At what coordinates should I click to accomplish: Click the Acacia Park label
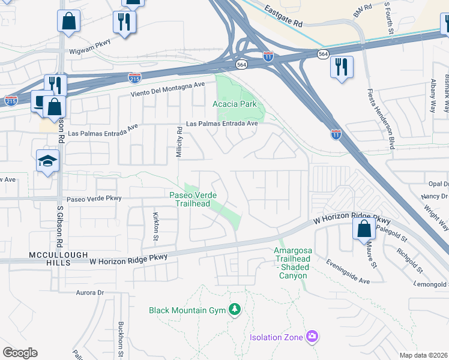pyautogui.click(x=235, y=104)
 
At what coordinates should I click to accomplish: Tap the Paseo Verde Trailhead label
pyautogui.click(x=189, y=199)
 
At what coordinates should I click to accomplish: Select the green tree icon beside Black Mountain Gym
pyautogui.click(x=235, y=310)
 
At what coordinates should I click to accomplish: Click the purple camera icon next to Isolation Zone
pyautogui.click(x=311, y=337)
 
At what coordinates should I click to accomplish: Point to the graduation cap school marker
pyautogui.click(x=47, y=161)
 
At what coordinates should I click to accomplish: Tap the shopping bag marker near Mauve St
pyautogui.click(x=364, y=229)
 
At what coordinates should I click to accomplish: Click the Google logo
pyautogui.click(x=20, y=353)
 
